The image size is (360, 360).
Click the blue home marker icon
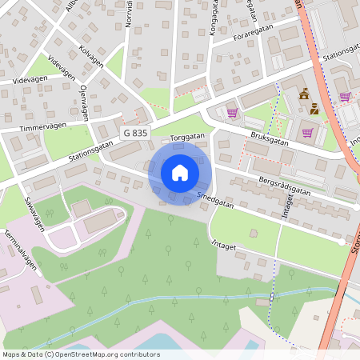(x=180, y=172)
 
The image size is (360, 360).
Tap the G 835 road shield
(x=135, y=132)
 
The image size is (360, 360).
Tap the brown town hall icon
(x=304, y=95)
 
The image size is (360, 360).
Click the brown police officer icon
(x=314, y=110)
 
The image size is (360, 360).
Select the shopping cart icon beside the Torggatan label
(x=233, y=113)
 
